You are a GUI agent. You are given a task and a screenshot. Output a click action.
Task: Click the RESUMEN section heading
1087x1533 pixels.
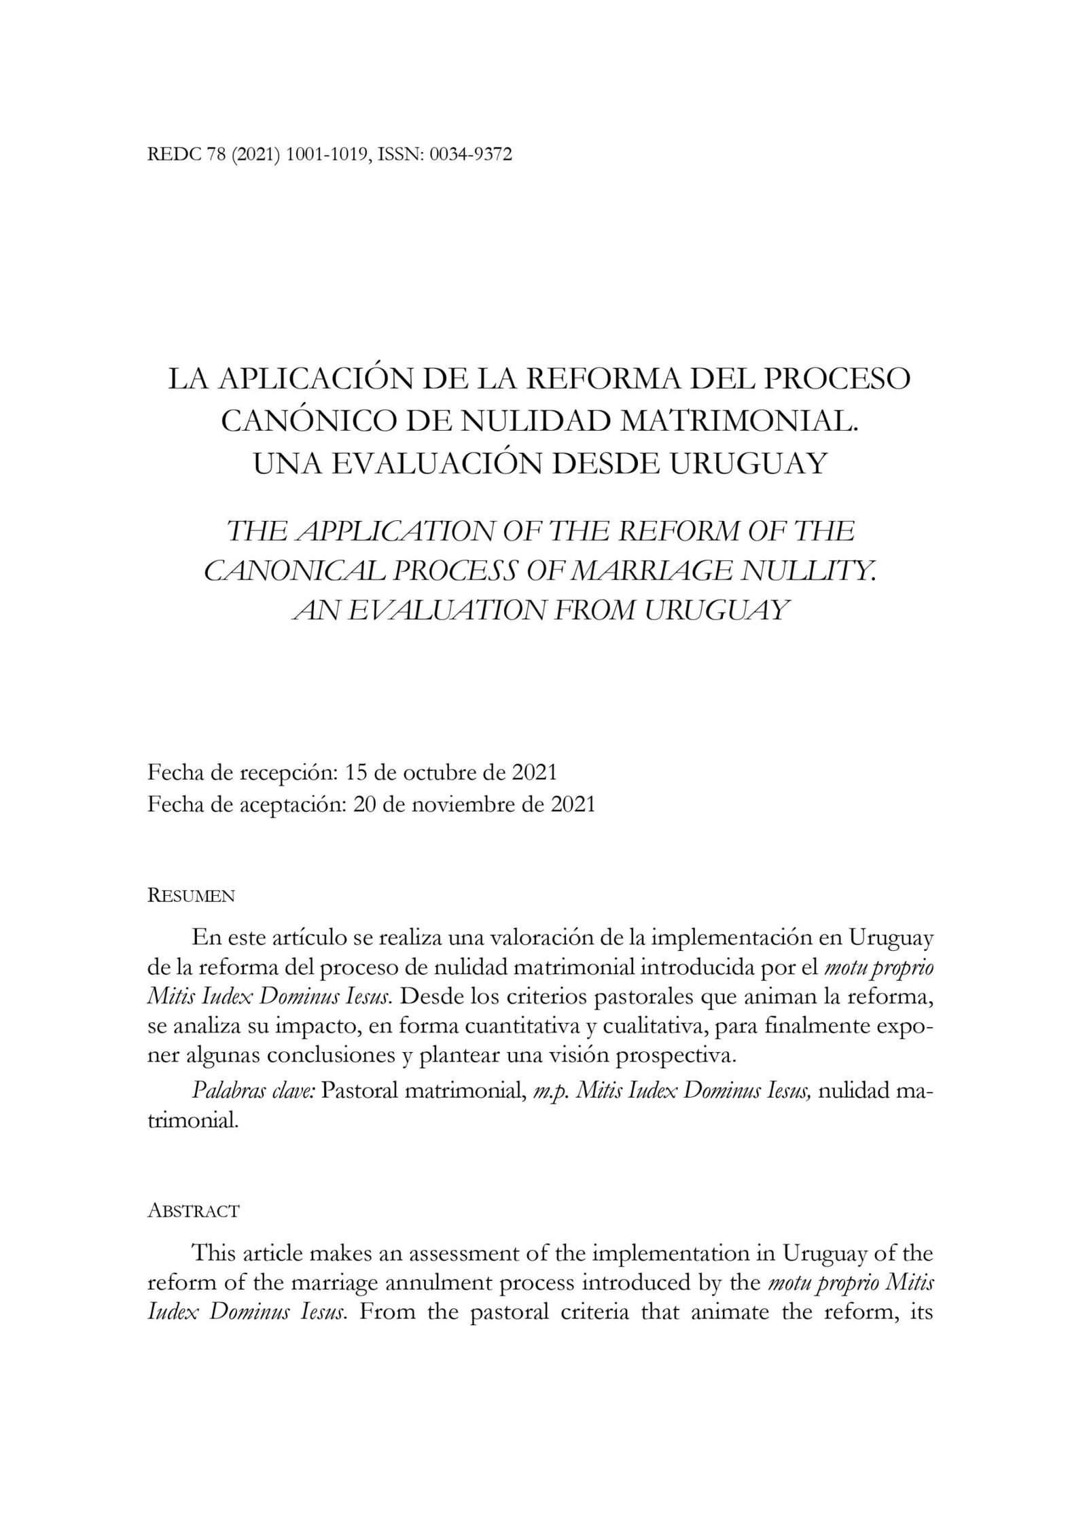click(x=191, y=896)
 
